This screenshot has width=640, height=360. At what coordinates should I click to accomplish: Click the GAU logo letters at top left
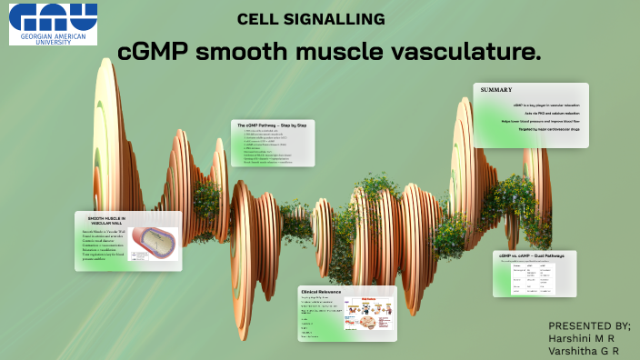(x=54, y=15)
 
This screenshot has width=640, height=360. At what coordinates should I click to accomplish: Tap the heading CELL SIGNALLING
(x=311, y=19)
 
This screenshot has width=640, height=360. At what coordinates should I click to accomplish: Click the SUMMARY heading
(x=497, y=90)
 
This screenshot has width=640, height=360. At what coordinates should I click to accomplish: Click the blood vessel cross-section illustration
(x=155, y=244)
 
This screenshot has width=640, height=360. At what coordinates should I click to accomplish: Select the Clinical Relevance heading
(x=321, y=292)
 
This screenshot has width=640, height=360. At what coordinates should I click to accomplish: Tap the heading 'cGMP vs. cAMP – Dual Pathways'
(x=532, y=256)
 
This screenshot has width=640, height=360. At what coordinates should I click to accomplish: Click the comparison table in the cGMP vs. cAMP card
(x=532, y=280)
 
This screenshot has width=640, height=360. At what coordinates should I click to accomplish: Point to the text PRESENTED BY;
(x=589, y=325)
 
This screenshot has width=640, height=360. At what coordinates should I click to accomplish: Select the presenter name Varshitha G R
(x=585, y=351)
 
